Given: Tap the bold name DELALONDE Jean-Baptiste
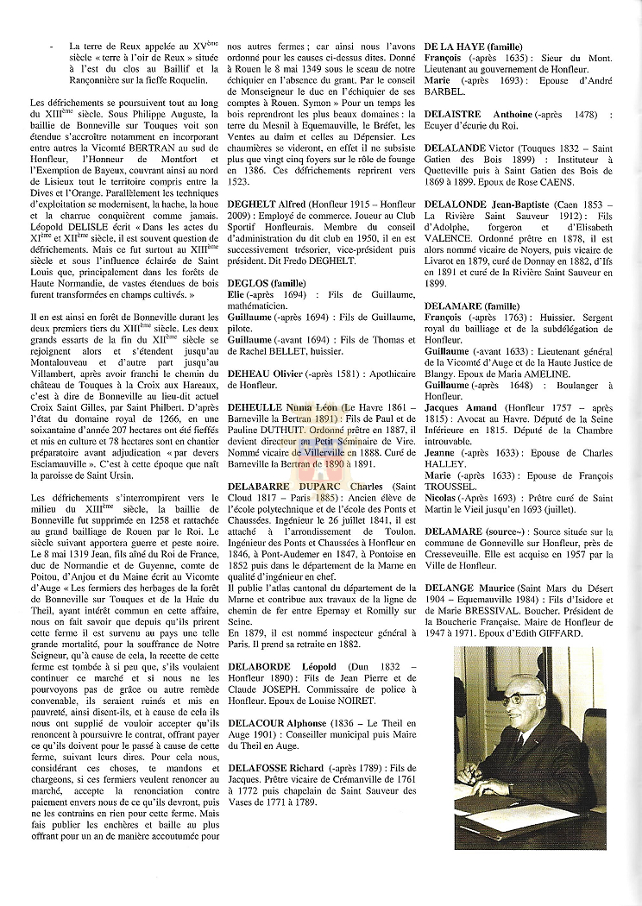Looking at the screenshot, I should (488, 214).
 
